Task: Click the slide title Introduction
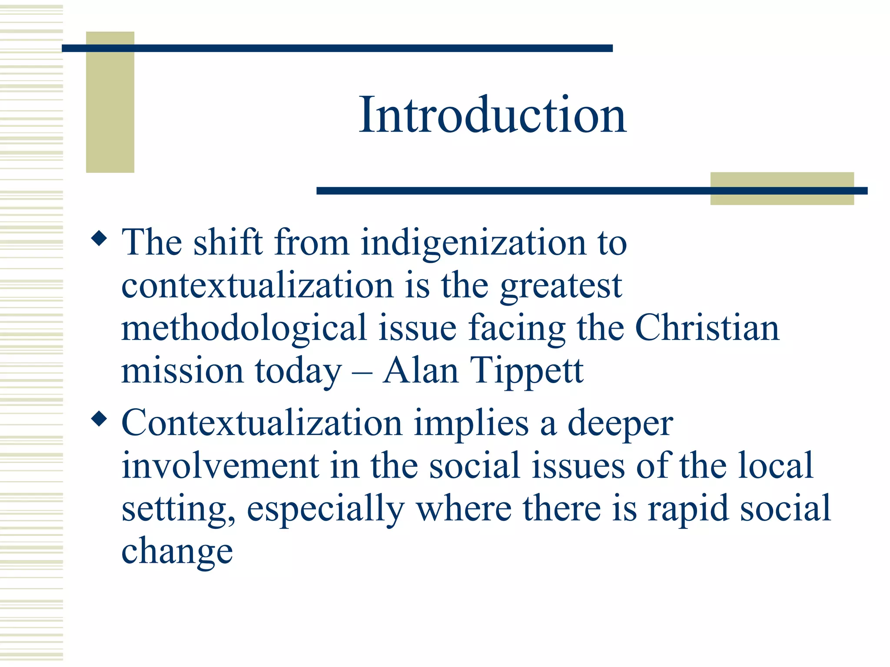click(492, 115)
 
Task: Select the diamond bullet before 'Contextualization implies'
click(100, 419)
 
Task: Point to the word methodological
click(244, 328)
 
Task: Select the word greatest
click(561, 287)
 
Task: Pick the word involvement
click(220, 466)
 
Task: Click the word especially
click(325, 509)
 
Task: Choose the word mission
click(182, 371)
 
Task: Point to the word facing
click(517, 329)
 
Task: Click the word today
click(298, 372)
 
